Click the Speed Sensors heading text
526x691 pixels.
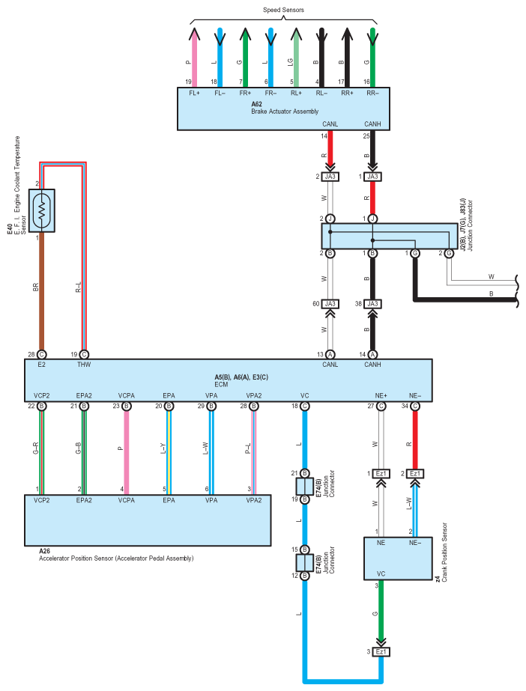[283, 10]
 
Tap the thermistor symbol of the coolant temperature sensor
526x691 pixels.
[41, 210]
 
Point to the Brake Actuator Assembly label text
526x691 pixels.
[285, 112]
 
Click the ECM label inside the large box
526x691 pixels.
[221, 384]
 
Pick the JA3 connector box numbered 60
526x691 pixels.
[330, 304]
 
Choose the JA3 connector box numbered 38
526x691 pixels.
[372, 304]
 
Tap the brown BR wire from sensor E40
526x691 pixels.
[41, 292]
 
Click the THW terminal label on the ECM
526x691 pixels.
[84, 365]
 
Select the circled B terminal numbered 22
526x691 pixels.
[41, 406]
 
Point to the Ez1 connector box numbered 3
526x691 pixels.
[381, 651]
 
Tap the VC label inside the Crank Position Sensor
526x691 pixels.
[381, 573]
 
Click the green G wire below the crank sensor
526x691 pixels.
[381, 613]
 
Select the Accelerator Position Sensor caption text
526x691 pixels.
[116, 558]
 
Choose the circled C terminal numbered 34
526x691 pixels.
[415, 406]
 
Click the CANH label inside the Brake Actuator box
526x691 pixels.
[372, 124]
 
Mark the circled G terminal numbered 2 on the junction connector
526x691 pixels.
[449, 253]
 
